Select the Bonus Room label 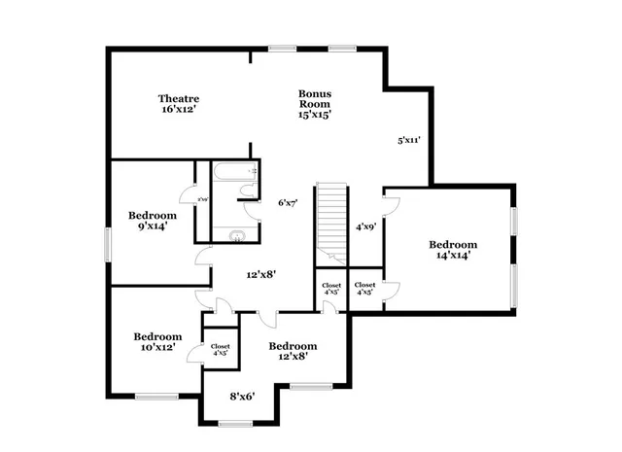tap(315, 104)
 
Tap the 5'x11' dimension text tap(408, 140)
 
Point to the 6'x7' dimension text tap(287, 202)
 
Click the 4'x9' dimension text tap(365, 226)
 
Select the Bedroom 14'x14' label tap(454, 250)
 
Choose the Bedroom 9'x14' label tap(153, 221)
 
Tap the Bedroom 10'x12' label tap(156, 340)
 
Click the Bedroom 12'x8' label tap(293, 352)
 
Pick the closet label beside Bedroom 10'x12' tap(220, 350)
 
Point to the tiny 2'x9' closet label tap(203, 200)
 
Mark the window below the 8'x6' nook tap(234, 422)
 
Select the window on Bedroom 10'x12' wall tap(155, 396)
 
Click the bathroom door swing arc tap(251, 207)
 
